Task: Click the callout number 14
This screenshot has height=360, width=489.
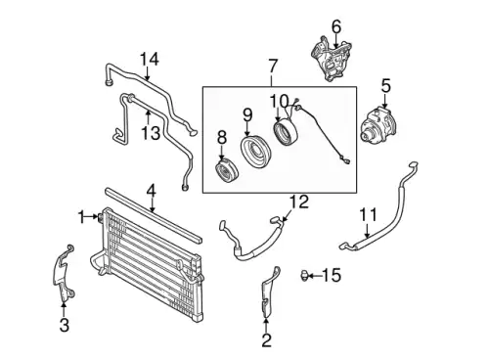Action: pos(150,60)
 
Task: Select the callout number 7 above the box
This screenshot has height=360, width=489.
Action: pos(272,67)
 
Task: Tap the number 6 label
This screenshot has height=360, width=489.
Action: pos(336,26)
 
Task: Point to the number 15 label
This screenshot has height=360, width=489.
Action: pos(332,275)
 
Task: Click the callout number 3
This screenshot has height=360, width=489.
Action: pos(65,325)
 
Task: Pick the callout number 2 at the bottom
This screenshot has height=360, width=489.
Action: pos(266,340)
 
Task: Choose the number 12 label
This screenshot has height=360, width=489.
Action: pos(299,202)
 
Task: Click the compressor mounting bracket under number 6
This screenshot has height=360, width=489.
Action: pos(331,61)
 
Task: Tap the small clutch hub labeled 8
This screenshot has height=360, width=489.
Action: pos(228,171)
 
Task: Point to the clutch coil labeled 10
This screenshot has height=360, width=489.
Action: pos(286,133)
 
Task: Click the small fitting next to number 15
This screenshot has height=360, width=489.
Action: pos(304,276)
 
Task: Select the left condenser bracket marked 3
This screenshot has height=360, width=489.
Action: pos(64,272)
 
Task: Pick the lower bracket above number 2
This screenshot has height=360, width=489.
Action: pos(270,292)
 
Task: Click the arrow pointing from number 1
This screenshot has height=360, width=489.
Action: pos(91,216)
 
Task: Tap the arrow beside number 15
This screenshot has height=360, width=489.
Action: pos(315,276)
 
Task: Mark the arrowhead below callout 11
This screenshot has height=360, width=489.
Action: pos(367,236)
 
